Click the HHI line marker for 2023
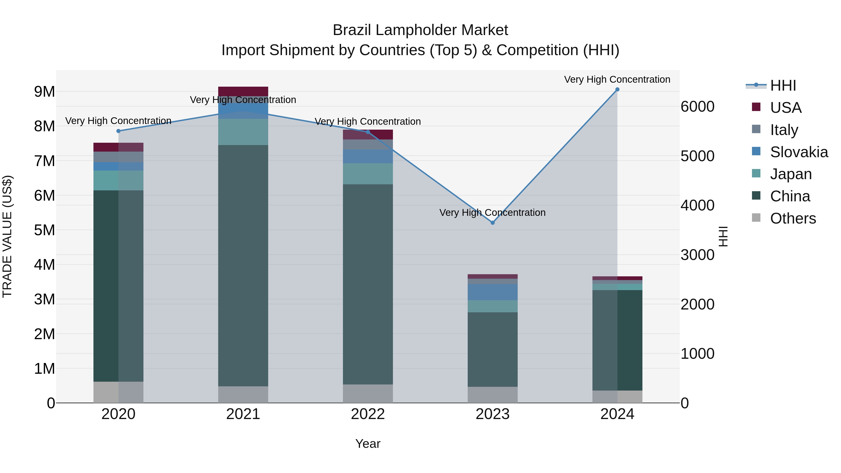(x=493, y=223)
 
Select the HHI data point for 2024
(x=617, y=89)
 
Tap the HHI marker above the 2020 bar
(x=118, y=131)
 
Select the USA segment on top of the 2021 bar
(x=243, y=91)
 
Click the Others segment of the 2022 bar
(x=368, y=393)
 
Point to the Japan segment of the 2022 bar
(x=368, y=173)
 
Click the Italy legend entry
(x=784, y=130)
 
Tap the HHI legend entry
(x=783, y=85)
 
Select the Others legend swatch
(x=756, y=218)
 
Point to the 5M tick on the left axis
(x=44, y=230)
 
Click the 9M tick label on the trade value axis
(x=44, y=92)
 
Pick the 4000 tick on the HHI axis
(x=698, y=205)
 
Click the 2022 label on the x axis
(x=368, y=414)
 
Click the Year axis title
(x=368, y=444)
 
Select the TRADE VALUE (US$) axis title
(x=7, y=236)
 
